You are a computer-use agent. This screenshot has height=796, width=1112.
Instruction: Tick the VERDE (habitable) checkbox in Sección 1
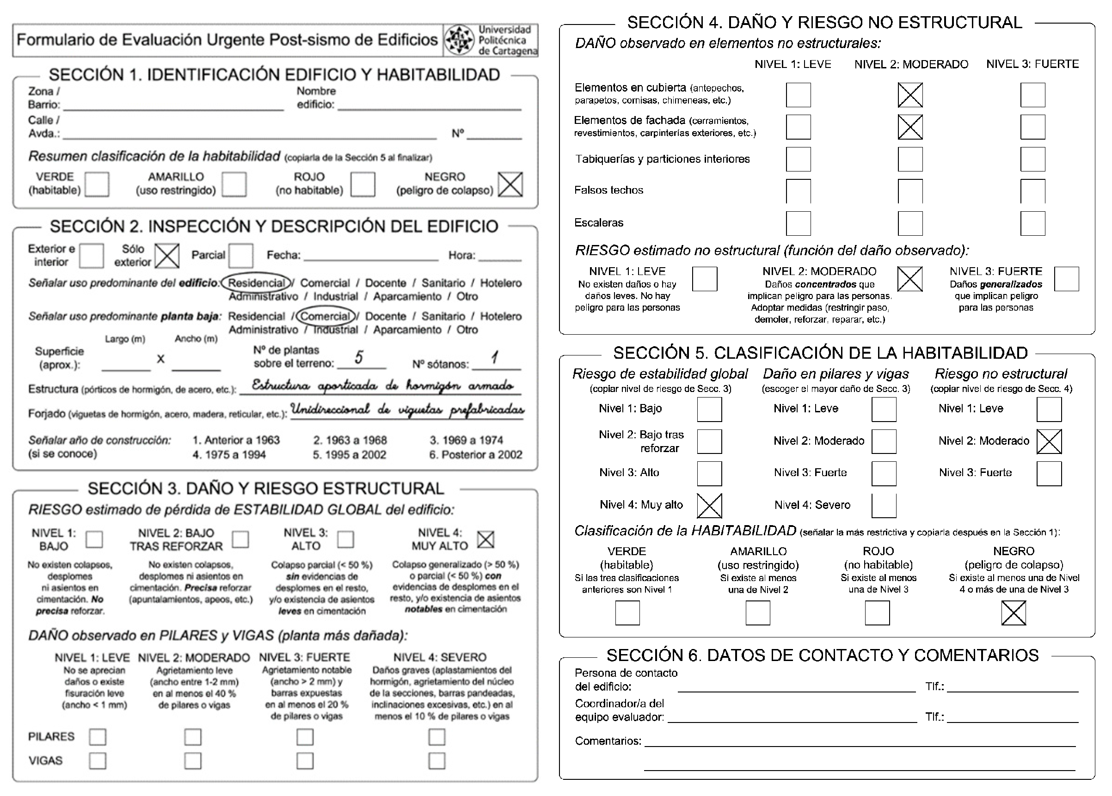pyautogui.click(x=97, y=184)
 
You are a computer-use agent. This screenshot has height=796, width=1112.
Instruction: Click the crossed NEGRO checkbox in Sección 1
pyautogui.click(x=510, y=184)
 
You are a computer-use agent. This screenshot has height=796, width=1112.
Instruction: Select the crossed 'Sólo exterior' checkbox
pyautogui.click(x=167, y=256)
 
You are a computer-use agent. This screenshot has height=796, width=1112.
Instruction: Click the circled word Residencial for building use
pyautogui.click(x=256, y=283)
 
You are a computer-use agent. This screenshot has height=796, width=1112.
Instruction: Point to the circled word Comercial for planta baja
pyautogui.click(x=326, y=316)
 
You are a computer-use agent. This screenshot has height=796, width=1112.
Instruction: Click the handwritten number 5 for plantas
pyautogui.click(x=359, y=357)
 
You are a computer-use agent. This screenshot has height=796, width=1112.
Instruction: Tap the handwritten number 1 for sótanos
pyautogui.click(x=495, y=357)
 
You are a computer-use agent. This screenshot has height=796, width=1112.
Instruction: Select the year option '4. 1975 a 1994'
pyautogui.click(x=229, y=455)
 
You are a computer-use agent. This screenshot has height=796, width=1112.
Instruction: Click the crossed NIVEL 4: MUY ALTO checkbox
pyautogui.click(x=485, y=539)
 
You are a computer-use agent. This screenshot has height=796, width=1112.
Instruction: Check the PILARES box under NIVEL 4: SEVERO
pyautogui.click(x=436, y=737)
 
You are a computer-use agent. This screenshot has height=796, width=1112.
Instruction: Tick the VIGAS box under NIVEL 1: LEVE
pyautogui.click(x=98, y=761)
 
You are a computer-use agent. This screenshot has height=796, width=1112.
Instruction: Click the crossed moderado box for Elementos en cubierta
pyautogui.click(x=910, y=95)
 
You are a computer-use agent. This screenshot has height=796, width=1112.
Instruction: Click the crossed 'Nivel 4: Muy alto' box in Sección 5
pyautogui.click(x=709, y=506)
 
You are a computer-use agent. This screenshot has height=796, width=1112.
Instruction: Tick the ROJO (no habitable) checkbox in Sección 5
pyautogui.click(x=877, y=613)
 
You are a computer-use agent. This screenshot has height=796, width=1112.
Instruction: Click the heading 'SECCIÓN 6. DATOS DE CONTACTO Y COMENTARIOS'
pyautogui.click(x=822, y=655)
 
